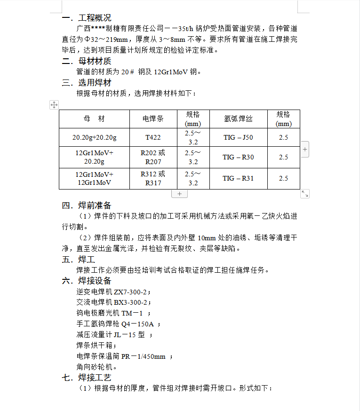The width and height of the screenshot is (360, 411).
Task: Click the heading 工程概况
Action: click(95, 18)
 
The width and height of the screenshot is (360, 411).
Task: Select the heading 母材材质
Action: click(95, 61)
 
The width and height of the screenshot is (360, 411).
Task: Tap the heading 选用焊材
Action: click(95, 83)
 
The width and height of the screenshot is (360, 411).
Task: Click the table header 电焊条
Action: click(153, 119)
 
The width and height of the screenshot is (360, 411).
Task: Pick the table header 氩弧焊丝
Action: click(238, 119)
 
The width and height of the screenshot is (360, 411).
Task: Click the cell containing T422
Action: click(153, 137)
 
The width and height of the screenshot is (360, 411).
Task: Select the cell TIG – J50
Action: click(238, 137)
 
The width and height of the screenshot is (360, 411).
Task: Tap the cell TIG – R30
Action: click(238, 157)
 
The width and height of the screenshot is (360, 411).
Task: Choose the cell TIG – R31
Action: click(238, 178)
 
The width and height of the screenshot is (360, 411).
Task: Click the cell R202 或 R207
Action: click(153, 157)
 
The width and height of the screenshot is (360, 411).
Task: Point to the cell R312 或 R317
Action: click(153, 178)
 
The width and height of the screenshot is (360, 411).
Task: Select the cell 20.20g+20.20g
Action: click(94, 137)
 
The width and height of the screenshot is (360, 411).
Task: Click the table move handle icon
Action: click(54, 104)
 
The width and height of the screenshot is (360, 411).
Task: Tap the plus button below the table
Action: click(179, 194)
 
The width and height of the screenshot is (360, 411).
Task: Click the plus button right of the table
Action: click(305, 150)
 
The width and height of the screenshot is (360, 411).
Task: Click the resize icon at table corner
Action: click(305, 194)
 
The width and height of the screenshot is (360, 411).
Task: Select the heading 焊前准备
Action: click(95, 205)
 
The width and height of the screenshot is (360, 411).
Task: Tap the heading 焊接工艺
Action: click(95, 378)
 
